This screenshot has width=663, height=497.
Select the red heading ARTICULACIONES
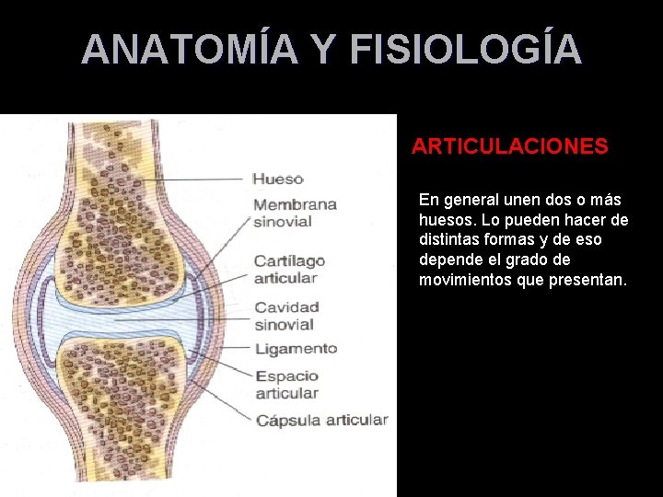coord(509,146)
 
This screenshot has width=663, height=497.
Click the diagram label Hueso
coord(277,179)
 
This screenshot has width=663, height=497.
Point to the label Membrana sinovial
coord(295,213)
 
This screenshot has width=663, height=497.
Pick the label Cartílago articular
coord(289,270)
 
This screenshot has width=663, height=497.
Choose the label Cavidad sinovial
coord(286,316)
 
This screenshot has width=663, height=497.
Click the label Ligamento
coord(296,349)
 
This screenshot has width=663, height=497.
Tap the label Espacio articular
coord(286,385)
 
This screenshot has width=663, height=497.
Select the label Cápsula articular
coord(321,420)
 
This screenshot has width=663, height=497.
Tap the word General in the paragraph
coord(469,200)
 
